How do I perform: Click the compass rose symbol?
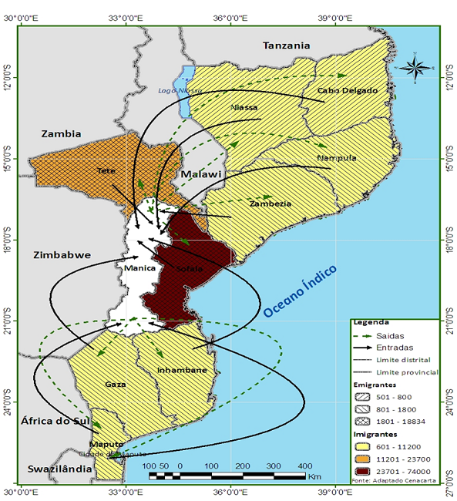point(414,69)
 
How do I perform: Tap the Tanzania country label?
point(286,46)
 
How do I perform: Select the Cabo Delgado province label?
point(348,91)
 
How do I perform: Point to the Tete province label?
point(106,170)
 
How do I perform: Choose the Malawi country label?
point(200,176)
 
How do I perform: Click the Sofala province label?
point(189,269)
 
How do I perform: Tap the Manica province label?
point(139,268)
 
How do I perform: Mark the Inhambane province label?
point(182,371)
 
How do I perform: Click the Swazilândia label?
point(54,469)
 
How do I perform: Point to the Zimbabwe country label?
point(62,254)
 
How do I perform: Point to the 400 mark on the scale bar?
point(304,467)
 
